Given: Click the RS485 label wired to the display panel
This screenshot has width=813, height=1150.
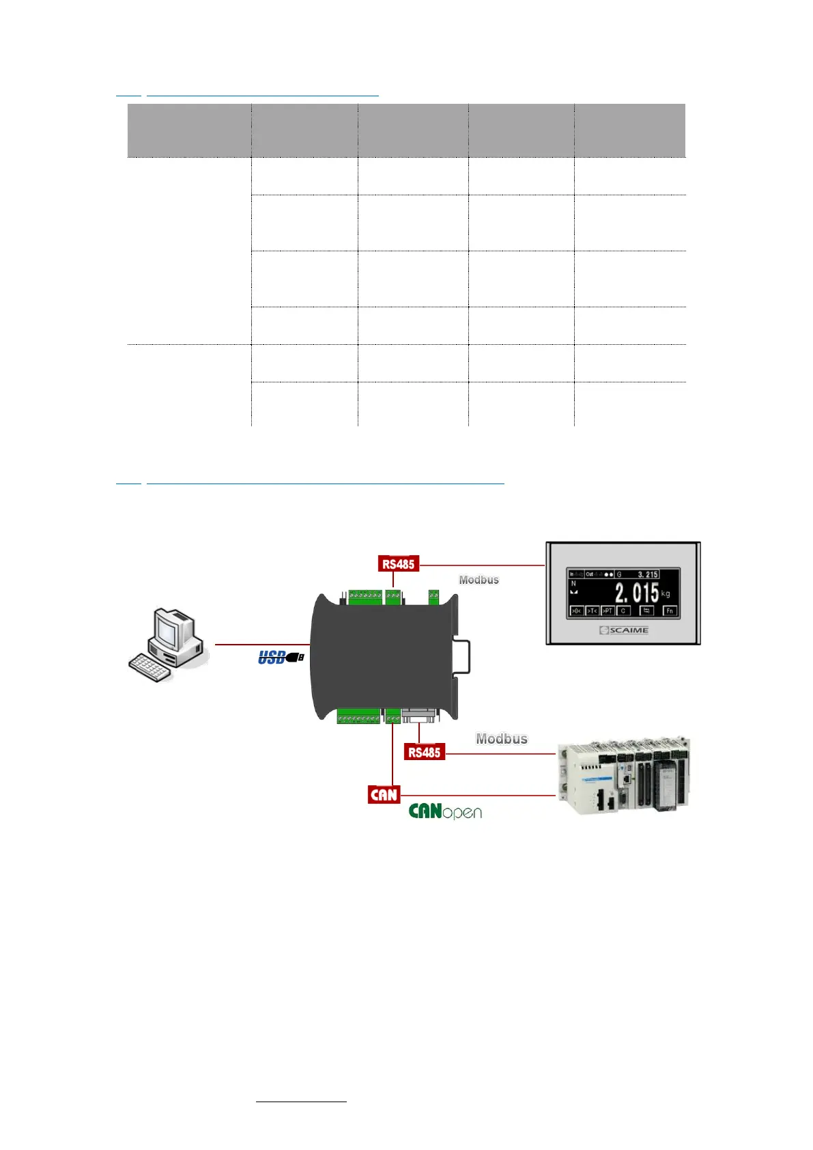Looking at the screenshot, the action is point(398,564).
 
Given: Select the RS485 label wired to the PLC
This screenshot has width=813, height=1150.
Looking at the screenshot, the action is point(424,752).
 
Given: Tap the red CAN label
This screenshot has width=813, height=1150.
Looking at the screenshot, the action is point(384,794).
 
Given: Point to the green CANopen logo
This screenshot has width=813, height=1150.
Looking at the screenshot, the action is point(445,811).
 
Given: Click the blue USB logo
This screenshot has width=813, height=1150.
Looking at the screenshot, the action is point(280,658).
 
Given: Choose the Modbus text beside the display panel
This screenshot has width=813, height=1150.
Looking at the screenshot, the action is point(479,580).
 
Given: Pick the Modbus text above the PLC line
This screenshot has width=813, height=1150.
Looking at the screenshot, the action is point(502,739).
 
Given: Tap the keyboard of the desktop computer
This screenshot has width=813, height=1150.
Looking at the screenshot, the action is point(149,667).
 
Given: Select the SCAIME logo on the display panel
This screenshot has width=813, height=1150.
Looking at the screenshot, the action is point(624,630).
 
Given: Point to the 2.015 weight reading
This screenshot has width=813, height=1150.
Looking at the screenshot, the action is point(636,593).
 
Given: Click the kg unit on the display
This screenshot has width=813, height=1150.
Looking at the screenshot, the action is point(666,594).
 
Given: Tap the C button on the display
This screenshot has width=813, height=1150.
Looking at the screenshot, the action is point(623,611).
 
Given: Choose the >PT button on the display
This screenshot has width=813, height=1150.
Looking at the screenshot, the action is point(607,611).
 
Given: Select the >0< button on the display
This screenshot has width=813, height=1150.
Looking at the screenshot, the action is point(576,611).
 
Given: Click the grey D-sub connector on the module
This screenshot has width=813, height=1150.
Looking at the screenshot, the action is point(418,716).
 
